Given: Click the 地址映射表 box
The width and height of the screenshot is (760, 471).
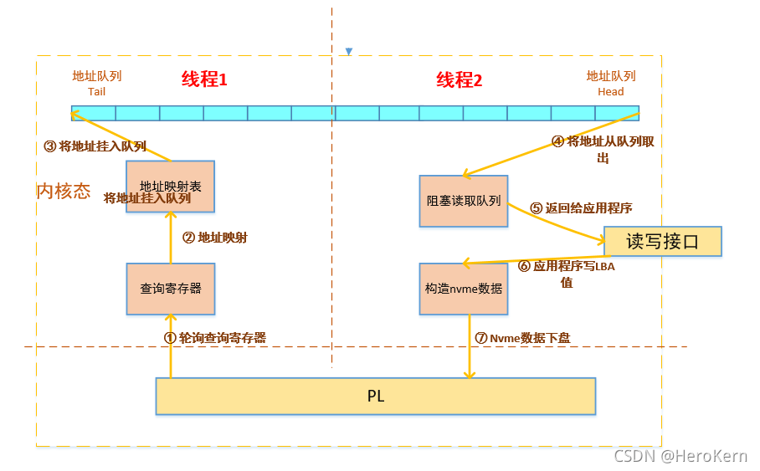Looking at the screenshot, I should (170, 186).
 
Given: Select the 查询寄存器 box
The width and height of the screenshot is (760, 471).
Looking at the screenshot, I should (170, 289).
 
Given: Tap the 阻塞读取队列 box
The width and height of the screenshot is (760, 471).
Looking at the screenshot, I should (463, 201).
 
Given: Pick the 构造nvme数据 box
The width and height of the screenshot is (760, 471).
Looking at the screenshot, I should (463, 289).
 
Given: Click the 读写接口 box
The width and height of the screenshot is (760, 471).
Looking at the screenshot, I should (662, 241).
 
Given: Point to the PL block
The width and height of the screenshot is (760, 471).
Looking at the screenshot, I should (375, 396).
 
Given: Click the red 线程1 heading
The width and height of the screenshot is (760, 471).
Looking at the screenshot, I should (204, 80).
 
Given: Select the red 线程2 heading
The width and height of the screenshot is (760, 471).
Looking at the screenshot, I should (459, 80).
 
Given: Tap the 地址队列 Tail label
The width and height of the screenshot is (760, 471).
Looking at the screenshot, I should (96, 83).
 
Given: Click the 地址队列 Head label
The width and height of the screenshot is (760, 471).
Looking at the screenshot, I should (610, 83).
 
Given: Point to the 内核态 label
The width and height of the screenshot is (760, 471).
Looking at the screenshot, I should (64, 191).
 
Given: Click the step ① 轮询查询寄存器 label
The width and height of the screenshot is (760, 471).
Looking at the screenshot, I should (214, 338).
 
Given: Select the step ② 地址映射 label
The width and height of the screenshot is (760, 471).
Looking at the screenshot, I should (214, 238).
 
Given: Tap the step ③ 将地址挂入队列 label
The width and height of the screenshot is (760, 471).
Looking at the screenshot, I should (95, 146).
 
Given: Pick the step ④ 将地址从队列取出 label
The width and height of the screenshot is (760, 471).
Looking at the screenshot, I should (602, 149).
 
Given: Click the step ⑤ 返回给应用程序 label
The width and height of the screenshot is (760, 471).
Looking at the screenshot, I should (581, 208).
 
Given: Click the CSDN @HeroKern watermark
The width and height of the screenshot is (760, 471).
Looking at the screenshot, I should (680, 456).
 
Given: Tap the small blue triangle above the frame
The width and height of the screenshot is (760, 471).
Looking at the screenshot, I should (349, 52).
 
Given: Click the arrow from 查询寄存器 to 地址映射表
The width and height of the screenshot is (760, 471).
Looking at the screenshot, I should (170, 238).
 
